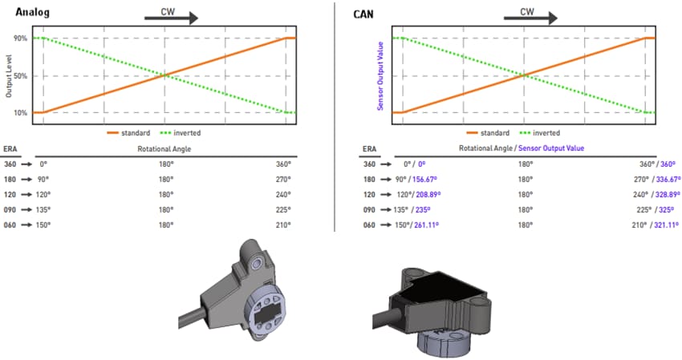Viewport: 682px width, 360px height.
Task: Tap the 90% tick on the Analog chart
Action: [x=21, y=38]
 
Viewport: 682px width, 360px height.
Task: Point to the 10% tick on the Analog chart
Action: [x=21, y=113]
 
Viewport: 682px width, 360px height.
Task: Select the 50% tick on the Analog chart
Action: [x=21, y=76]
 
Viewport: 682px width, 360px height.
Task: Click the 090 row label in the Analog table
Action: [x=10, y=210]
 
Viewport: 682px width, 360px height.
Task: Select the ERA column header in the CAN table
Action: [x=370, y=148]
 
